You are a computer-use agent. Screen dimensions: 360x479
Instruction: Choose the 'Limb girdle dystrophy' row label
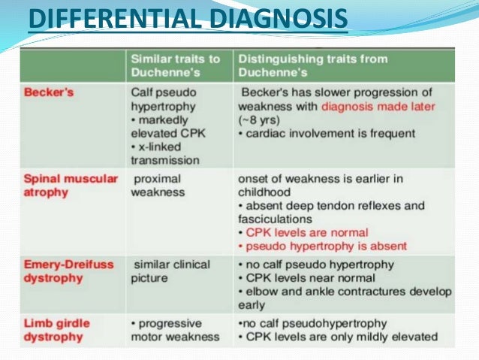point(57,329)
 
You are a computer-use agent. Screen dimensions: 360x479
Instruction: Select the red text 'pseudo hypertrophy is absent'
point(324,246)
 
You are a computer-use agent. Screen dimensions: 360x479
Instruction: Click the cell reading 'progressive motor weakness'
point(175,329)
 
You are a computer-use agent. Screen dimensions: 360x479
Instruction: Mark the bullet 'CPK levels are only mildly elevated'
point(338,337)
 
